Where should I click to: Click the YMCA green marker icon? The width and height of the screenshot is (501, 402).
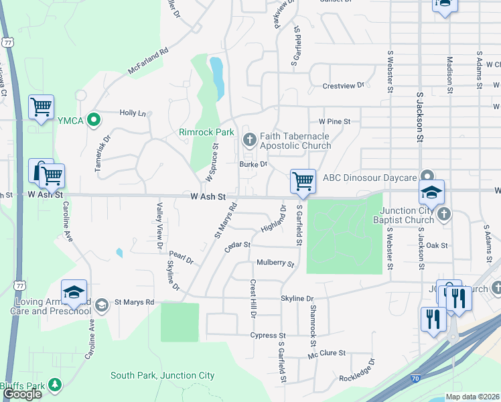(x=94, y=121)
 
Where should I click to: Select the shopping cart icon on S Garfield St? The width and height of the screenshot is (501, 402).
(x=303, y=180)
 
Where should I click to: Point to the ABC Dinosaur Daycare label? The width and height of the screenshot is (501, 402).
(x=370, y=178)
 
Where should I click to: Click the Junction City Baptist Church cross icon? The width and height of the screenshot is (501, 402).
(x=443, y=214)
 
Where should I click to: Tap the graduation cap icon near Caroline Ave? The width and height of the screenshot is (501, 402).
(x=74, y=292)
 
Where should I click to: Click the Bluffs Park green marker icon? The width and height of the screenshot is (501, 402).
(x=55, y=385)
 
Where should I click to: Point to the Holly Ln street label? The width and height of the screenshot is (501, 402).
(x=133, y=113)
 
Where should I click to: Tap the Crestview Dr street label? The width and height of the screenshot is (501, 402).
(x=343, y=86)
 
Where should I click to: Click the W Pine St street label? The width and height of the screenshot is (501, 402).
(x=335, y=121)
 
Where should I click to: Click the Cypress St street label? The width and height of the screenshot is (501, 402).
(x=268, y=335)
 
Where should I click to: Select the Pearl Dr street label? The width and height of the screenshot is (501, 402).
(x=181, y=258)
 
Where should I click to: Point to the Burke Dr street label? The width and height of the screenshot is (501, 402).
(x=254, y=163)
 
